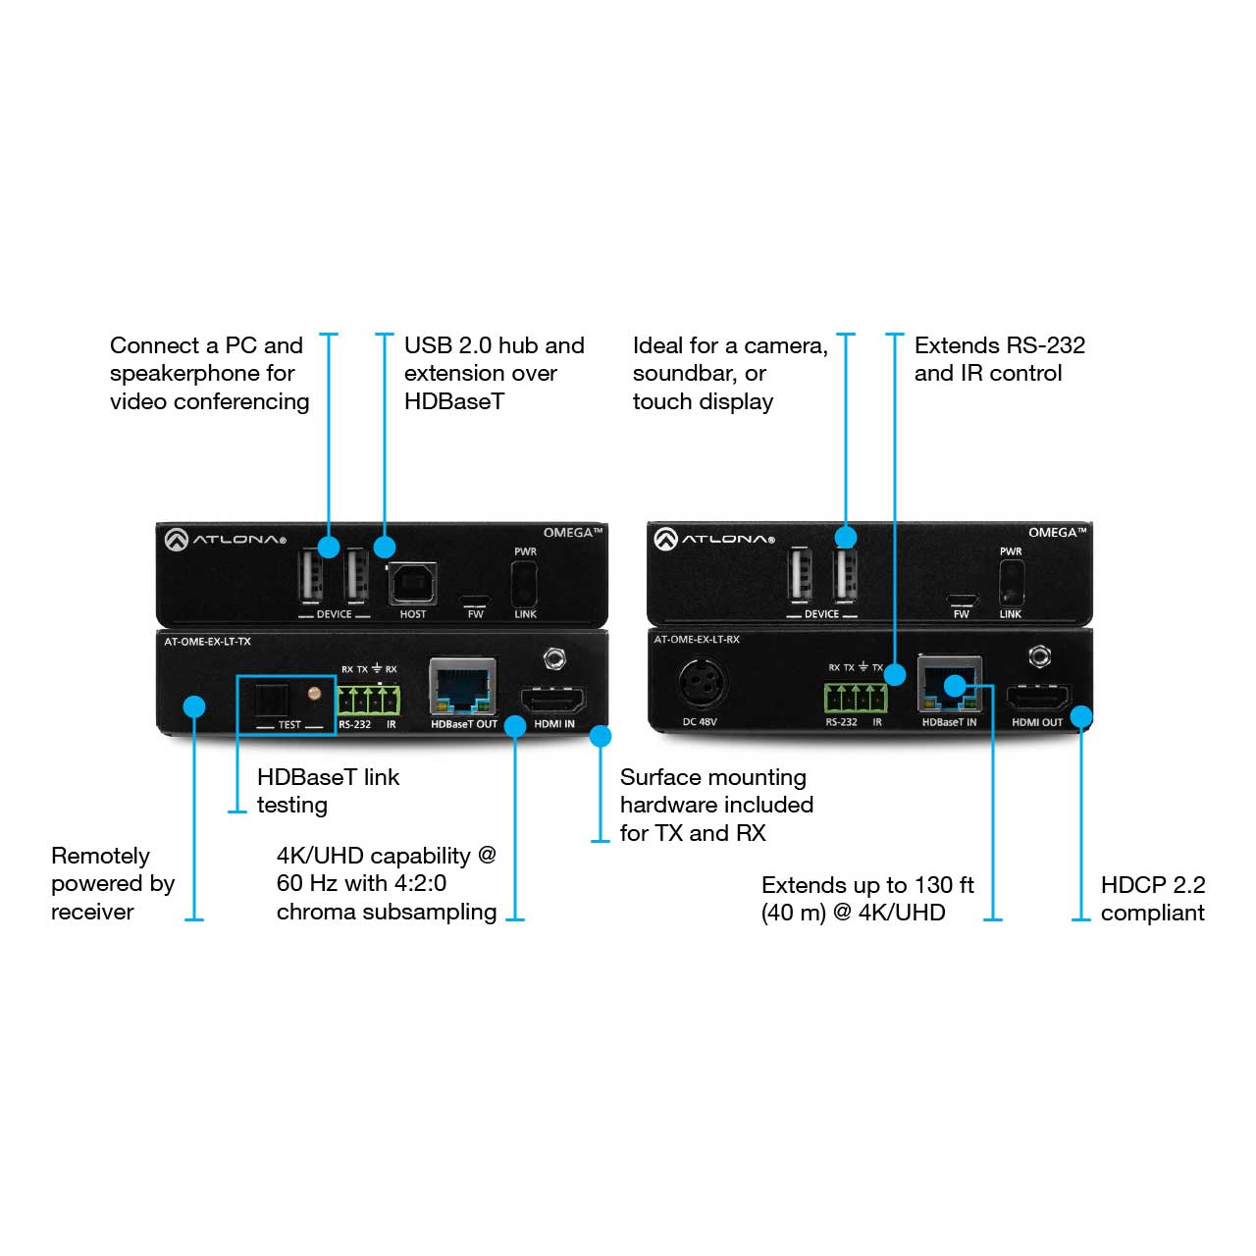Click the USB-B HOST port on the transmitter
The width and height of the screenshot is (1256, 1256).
coord(412,583)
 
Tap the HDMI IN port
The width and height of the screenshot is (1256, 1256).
coord(552,700)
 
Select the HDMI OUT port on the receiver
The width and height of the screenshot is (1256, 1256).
coord(1037,698)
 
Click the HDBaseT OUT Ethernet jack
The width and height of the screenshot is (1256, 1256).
coord(463,686)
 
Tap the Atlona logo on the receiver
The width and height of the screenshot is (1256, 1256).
coord(714,539)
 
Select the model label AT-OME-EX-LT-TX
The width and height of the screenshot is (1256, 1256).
coord(207,642)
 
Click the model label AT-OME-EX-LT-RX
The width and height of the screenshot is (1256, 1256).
coord(697,640)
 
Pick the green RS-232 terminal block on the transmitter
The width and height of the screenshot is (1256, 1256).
coord(368,700)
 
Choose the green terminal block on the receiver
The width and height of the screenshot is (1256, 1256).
coord(855,698)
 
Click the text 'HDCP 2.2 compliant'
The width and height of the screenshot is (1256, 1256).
coord(1152,899)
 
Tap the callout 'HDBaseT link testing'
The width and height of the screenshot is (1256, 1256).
coord(328,791)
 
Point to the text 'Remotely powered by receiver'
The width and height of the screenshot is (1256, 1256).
coord(113,883)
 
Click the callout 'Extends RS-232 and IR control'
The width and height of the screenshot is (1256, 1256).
coord(999,359)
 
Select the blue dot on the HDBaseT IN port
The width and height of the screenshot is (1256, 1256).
coord(954,686)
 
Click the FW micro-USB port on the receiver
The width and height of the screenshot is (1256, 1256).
coord(962,601)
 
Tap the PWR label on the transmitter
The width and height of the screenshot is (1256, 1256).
coord(525,551)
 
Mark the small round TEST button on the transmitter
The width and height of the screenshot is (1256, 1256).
coord(314,694)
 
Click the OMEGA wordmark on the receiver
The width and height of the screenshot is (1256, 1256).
coord(1057,533)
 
